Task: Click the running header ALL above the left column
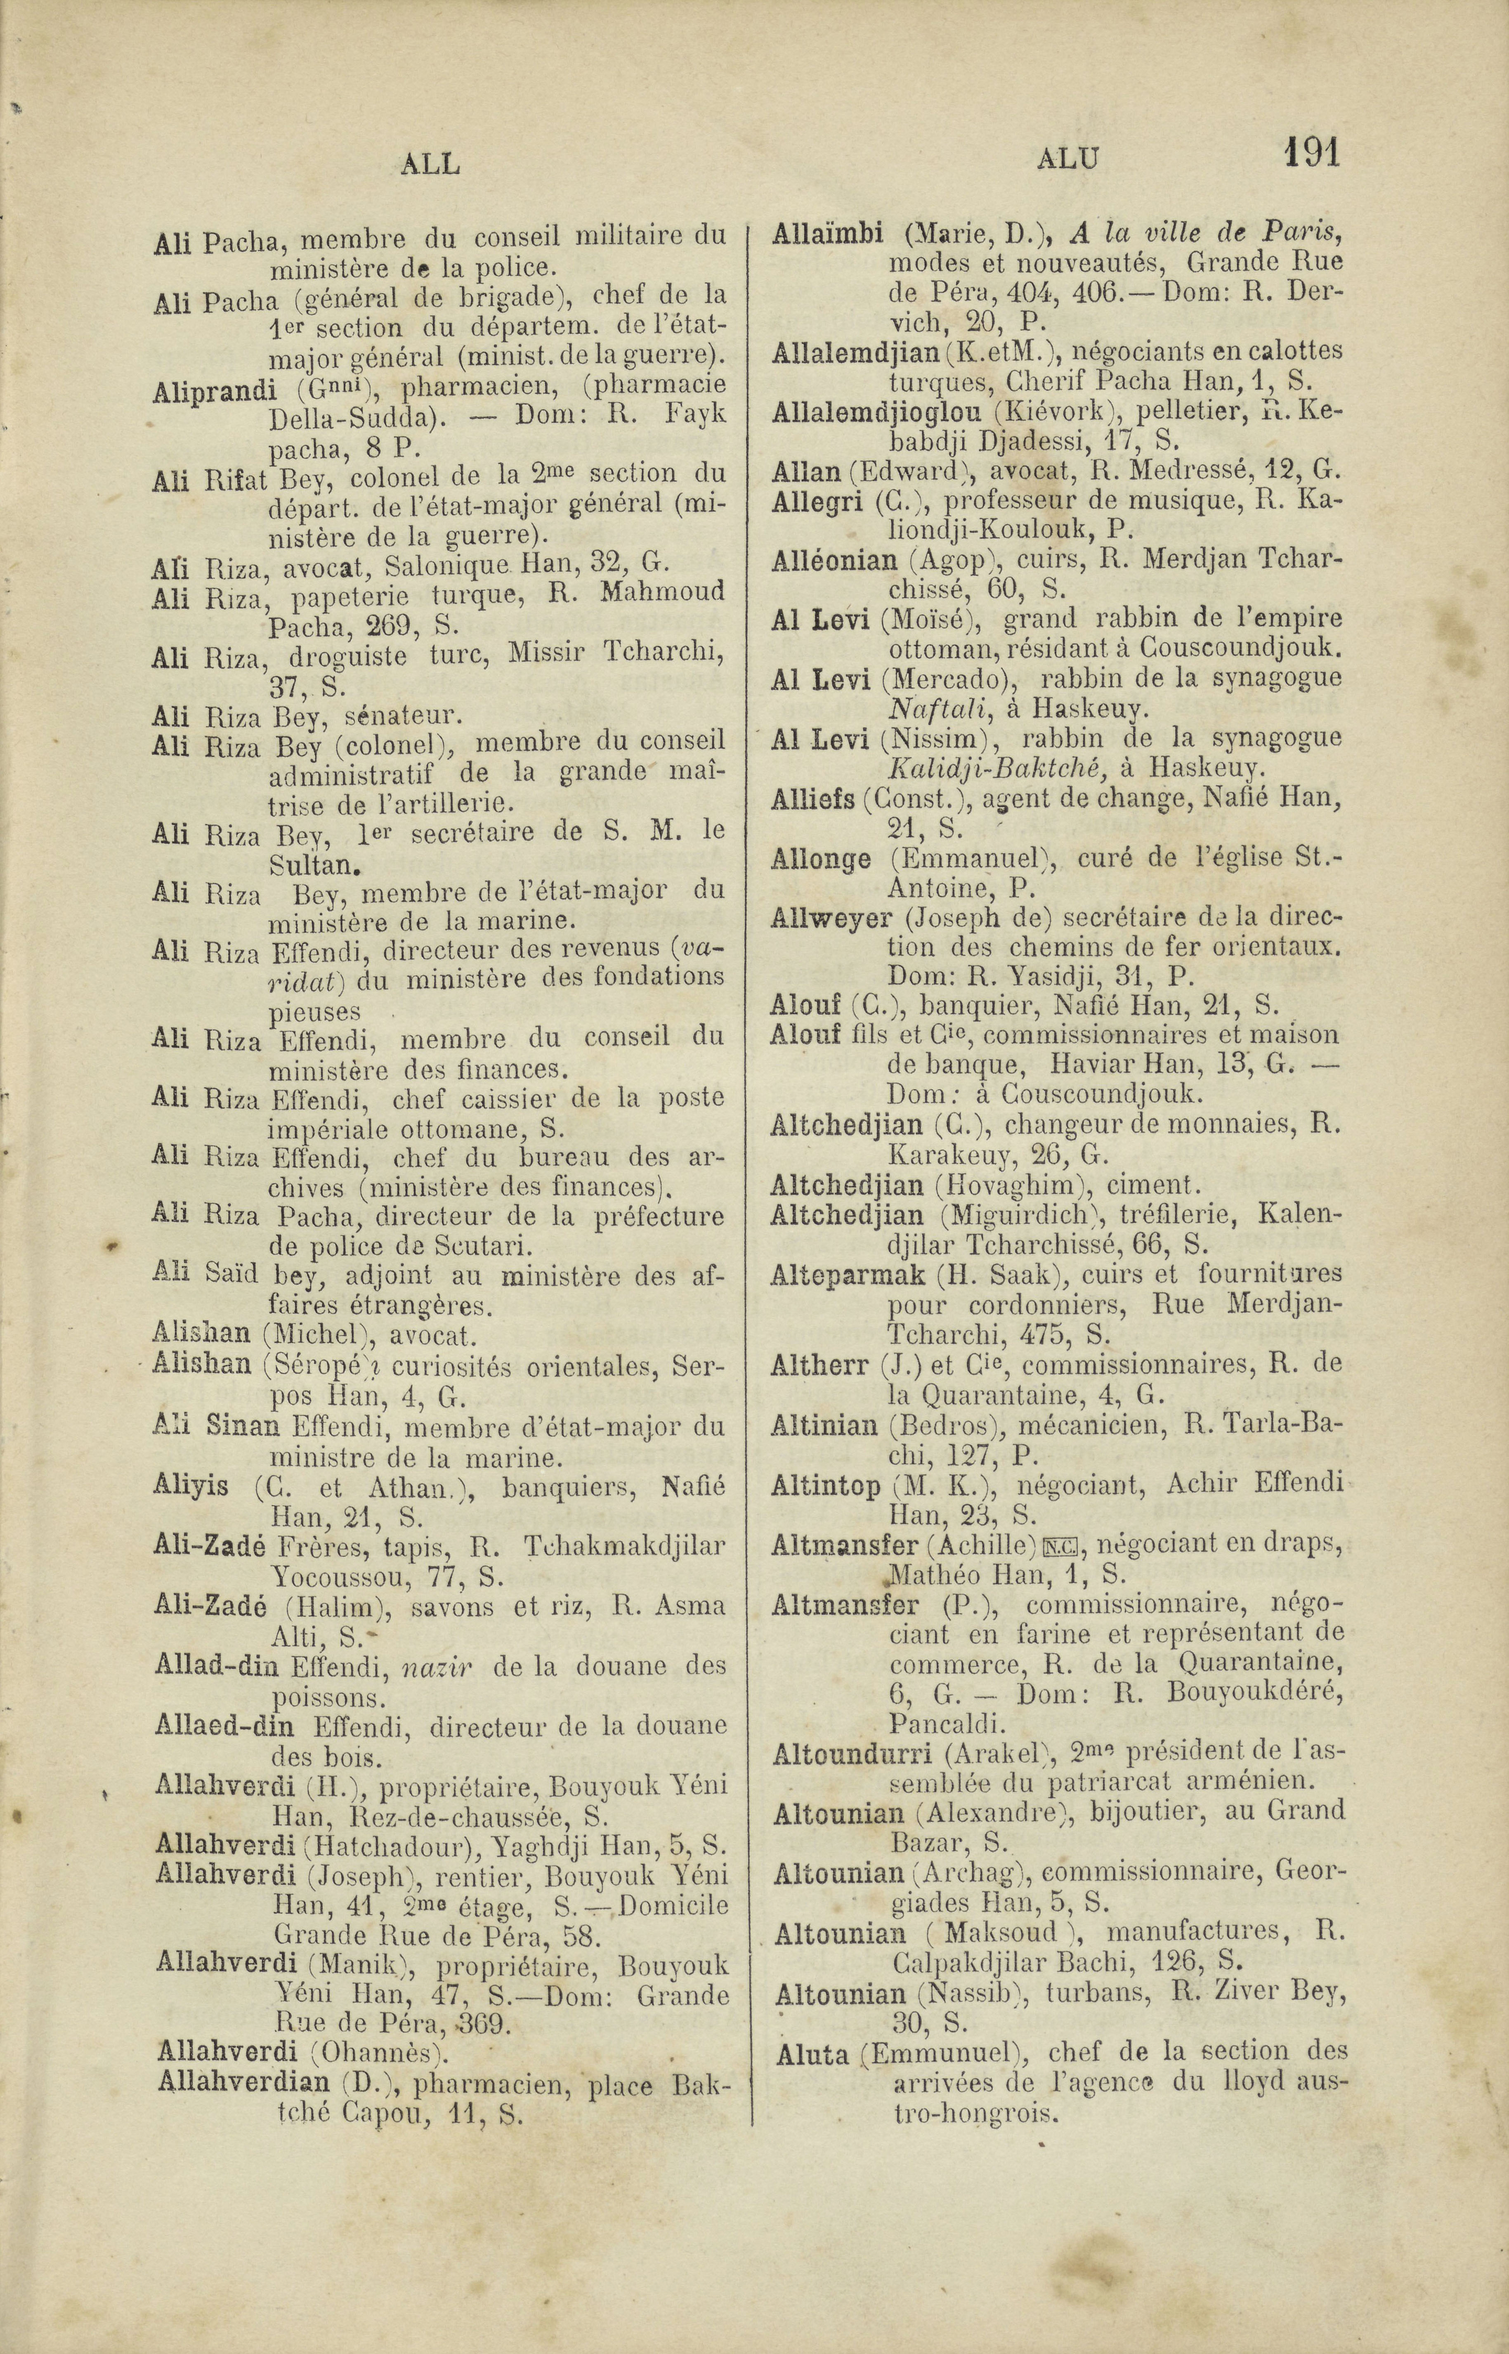(x=430, y=164)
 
